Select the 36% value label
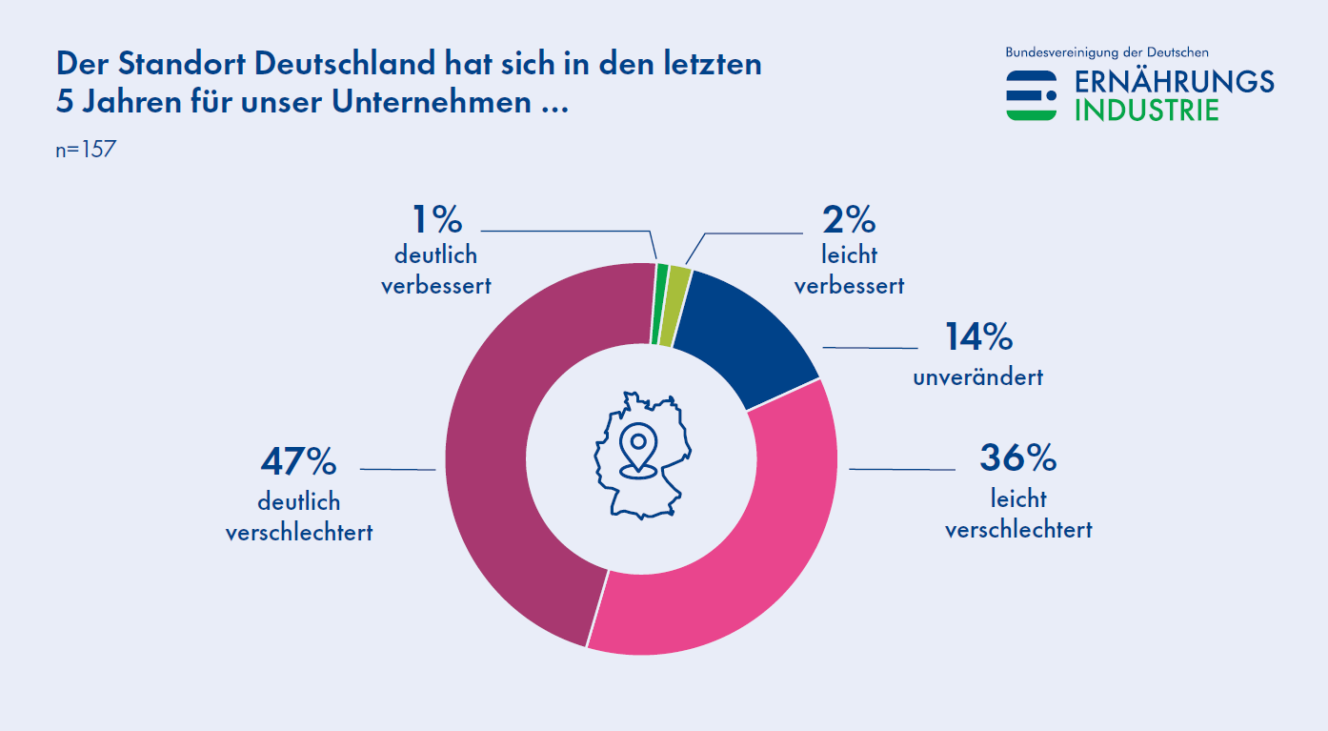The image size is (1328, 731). [1017, 458]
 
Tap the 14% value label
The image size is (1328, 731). [977, 336]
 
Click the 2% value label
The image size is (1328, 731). [848, 221]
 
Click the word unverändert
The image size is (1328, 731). [977, 377]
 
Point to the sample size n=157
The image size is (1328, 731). [86, 150]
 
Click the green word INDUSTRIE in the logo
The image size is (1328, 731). [1146, 110]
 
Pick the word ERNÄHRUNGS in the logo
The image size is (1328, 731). [1174, 82]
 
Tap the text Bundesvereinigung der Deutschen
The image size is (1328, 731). [1107, 52]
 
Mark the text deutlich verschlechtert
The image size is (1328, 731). [298, 518]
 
